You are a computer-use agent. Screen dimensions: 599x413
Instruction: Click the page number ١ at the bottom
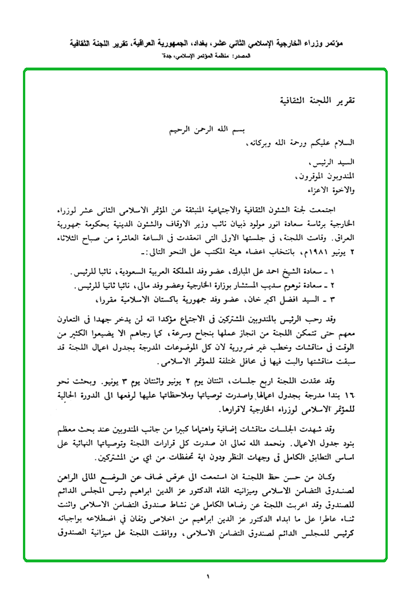point(208,577)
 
